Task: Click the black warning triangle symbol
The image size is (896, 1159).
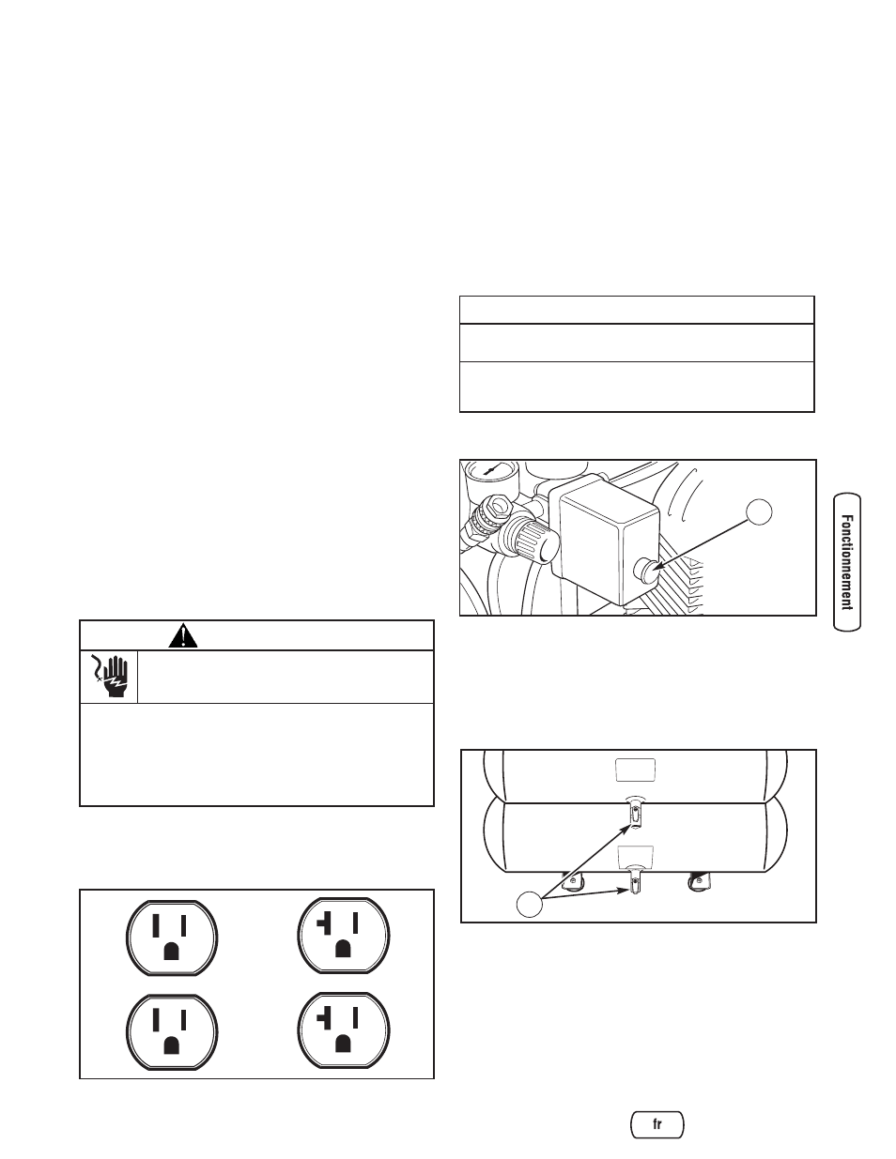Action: tap(184, 635)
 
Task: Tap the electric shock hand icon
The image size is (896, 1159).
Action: tap(109, 676)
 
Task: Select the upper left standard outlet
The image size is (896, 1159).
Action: tap(172, 936)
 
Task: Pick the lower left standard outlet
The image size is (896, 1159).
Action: tap(172, 1029)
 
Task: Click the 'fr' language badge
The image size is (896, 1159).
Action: tap(657, 1124)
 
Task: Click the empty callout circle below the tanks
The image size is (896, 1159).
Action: tap(532, 905)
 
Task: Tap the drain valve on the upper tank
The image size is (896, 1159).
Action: tap(635, 816)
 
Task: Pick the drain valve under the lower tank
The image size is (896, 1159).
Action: tap(636, 883)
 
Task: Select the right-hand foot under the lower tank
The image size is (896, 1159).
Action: tap(699, 880)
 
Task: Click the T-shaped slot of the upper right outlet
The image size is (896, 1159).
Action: tap(325, 925)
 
